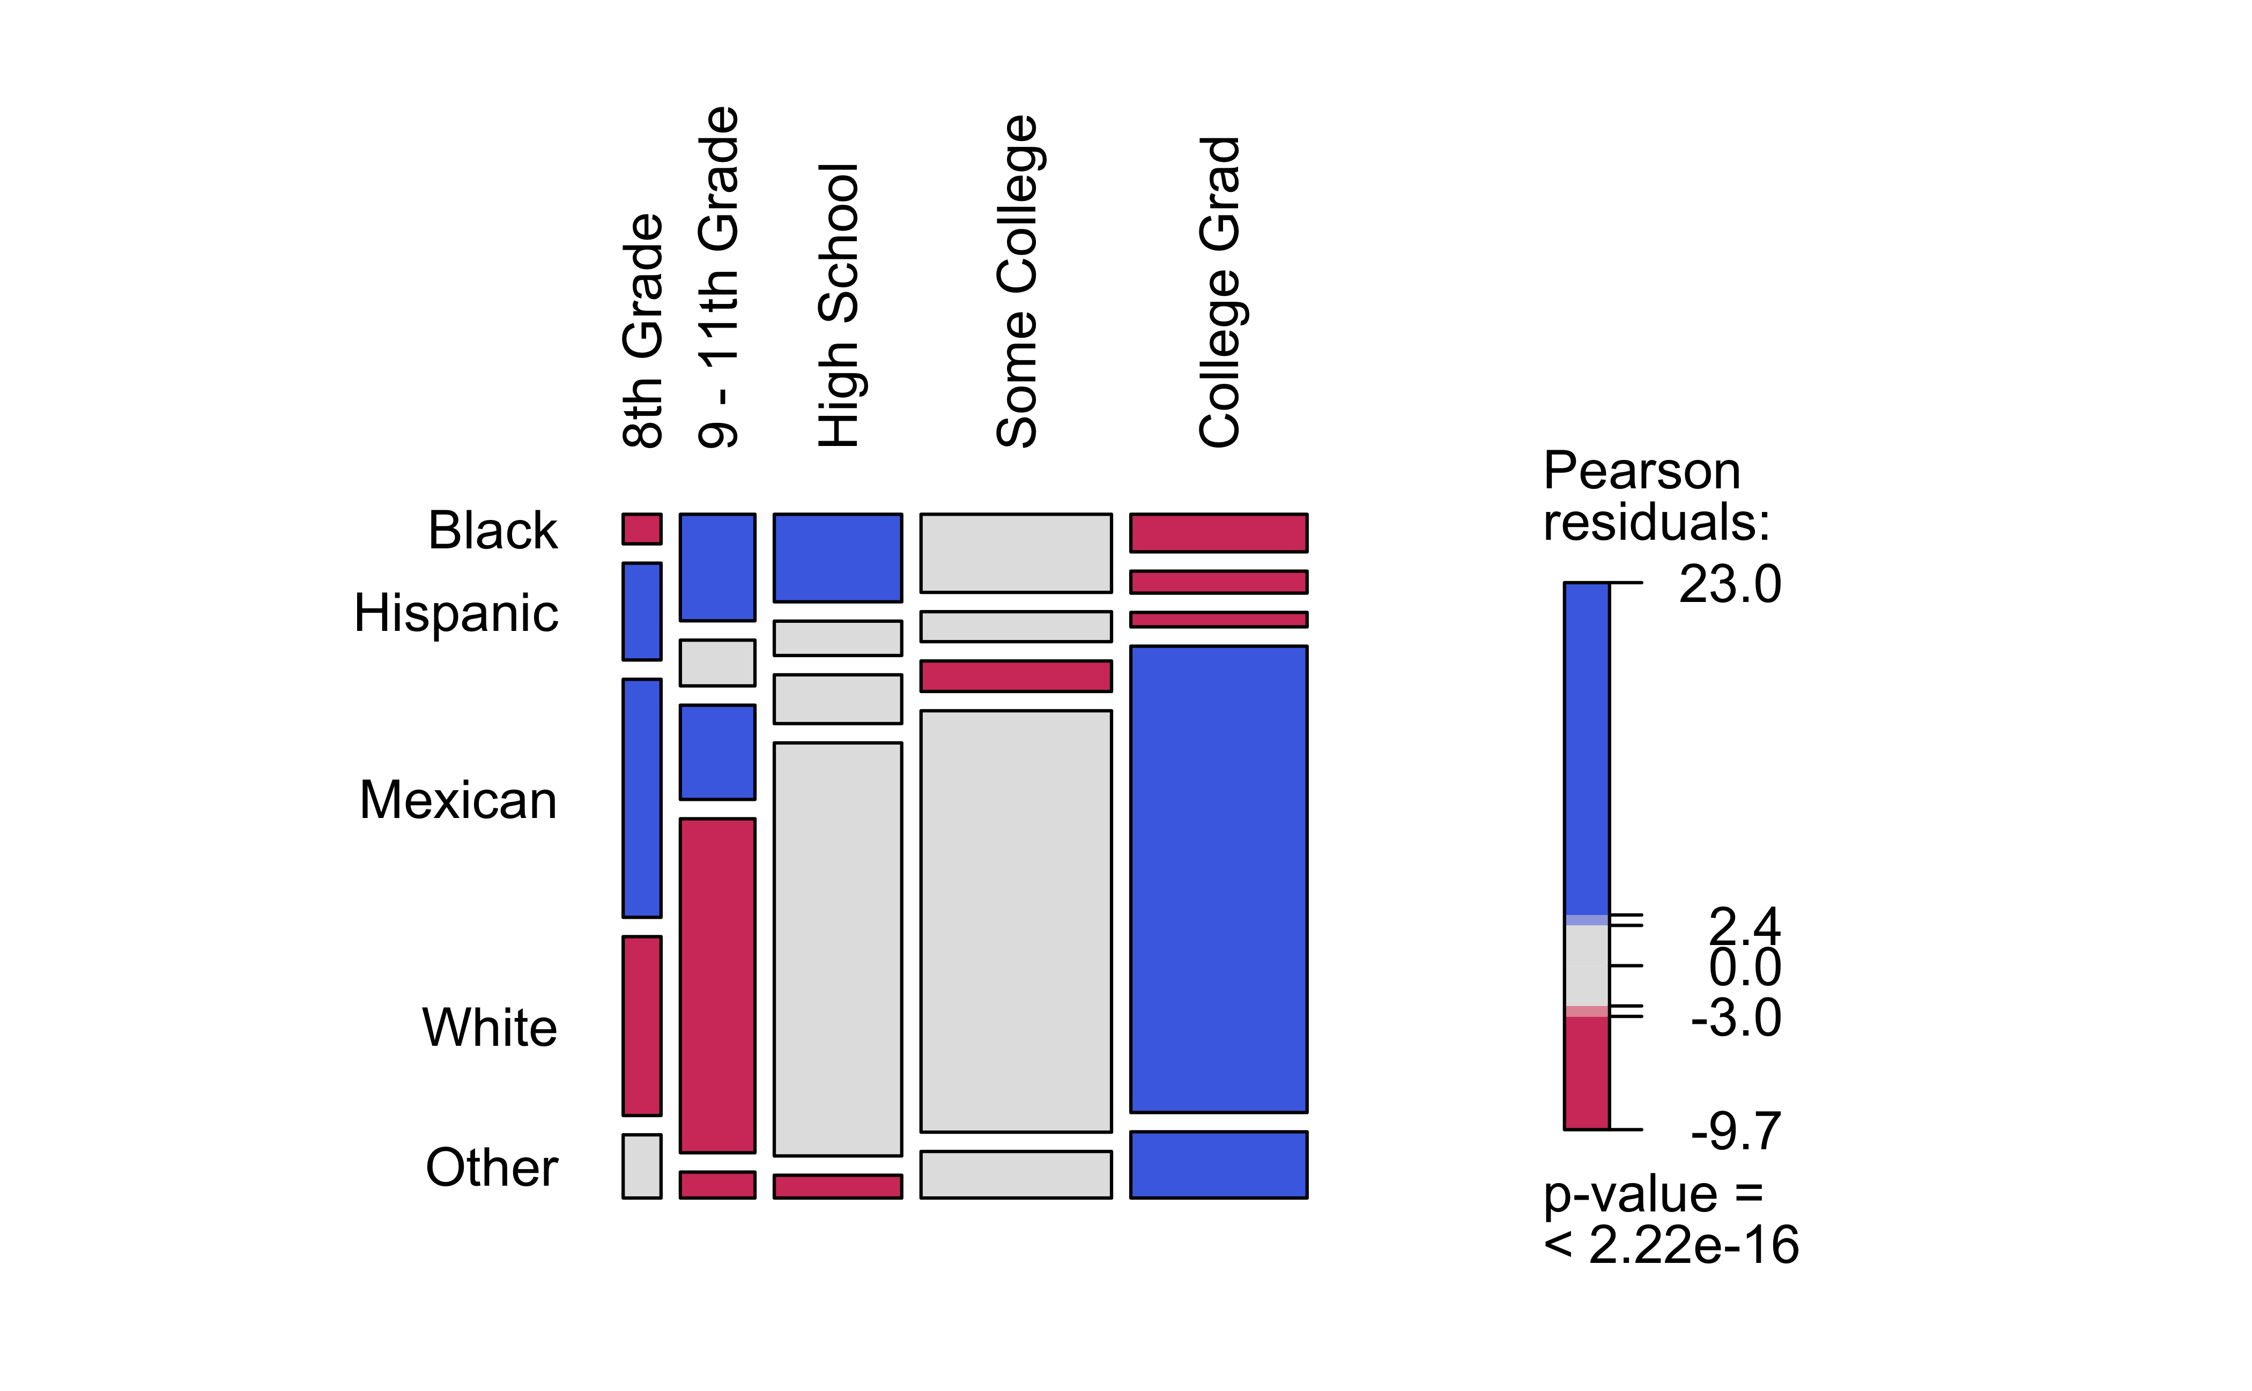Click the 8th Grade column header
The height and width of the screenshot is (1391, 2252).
click(642, 331)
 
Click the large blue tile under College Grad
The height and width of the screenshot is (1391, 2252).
click(1218, 879)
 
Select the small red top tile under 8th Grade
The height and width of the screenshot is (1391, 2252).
click(641, 529)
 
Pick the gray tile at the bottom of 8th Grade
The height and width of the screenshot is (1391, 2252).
click(641, 1166)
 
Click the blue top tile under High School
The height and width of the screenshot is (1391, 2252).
click(838, 557)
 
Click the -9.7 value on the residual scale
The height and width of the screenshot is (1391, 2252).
click(1736, 1132)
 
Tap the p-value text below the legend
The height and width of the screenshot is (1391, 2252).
click(1670, 1220)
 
